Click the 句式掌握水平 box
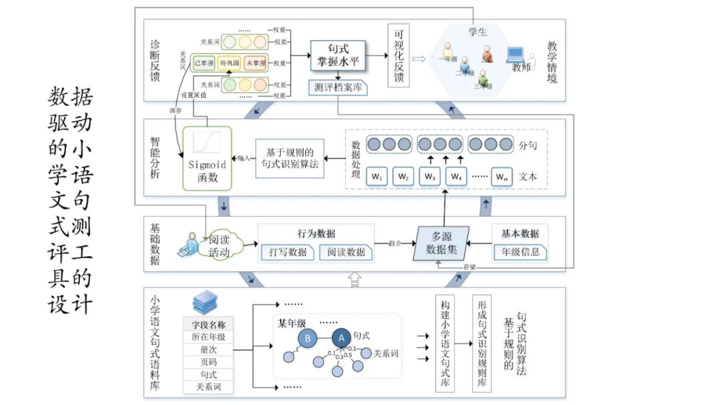click(338, 56)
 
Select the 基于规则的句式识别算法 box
click(289, 158)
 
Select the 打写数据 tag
click(288, 252)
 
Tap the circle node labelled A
click(341, 338)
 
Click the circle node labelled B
click(307, 338)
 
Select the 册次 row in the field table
click(209, 349)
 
